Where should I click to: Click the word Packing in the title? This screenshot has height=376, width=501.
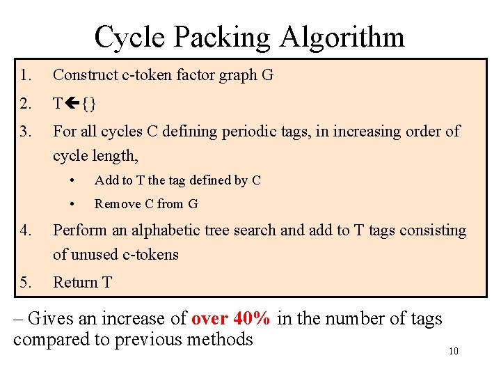223,37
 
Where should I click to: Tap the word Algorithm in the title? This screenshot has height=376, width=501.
342,37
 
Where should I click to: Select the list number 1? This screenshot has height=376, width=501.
25,75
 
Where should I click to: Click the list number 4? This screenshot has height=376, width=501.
25,230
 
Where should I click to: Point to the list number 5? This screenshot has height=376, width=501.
25,282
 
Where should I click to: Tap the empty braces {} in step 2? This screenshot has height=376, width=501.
89,104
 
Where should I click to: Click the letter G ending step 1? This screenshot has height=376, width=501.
268,75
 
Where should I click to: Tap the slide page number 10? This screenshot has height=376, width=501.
453,352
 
